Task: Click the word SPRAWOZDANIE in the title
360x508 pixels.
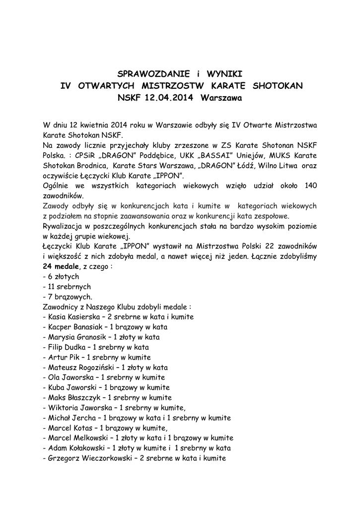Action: (152, 74)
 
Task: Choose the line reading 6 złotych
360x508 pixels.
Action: (62, 276)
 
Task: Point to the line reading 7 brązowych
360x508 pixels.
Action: (68, 297)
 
